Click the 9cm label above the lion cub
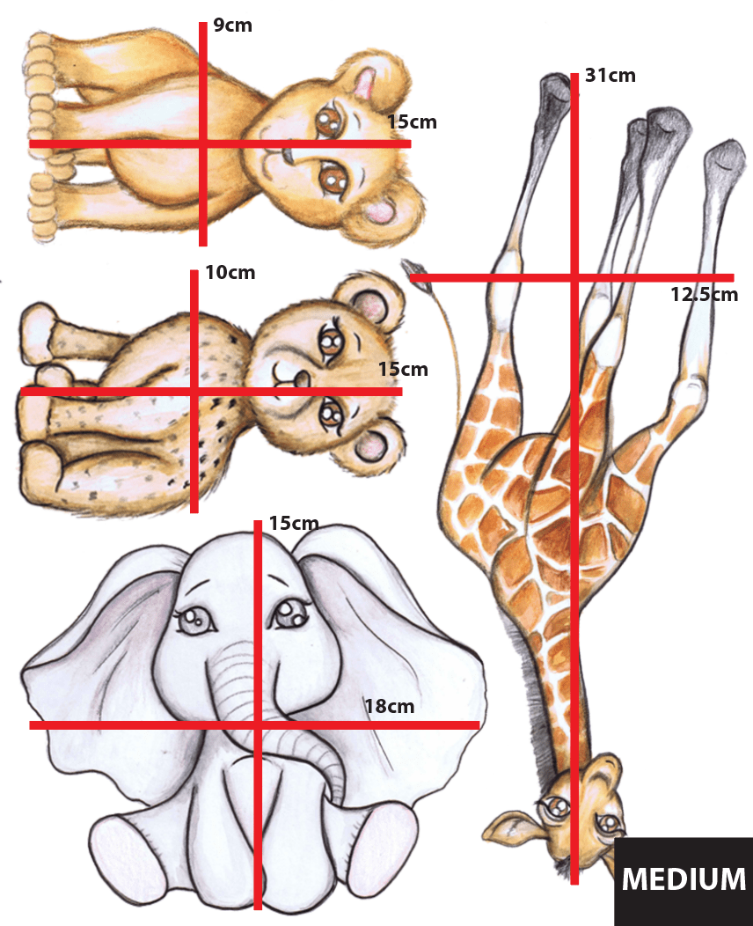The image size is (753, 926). (232, 26)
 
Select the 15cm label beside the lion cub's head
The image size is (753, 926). (412, 121)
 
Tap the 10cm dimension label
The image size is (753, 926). (230, 273)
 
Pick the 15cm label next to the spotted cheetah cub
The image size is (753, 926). (403, 370)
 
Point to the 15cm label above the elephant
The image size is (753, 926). (294, 524)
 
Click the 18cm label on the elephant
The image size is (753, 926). (389, 705)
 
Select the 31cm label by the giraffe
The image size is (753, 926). (610, 76)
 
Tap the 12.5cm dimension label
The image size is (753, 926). (704, 295)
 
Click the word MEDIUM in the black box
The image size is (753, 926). (684, 878)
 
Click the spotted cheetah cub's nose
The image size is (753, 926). (300, 378)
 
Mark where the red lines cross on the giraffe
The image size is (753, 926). (574, 278)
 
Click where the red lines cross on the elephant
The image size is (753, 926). (258, 724)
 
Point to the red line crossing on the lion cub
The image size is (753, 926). (203, 143)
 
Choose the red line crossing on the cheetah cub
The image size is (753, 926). (194, 391)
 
